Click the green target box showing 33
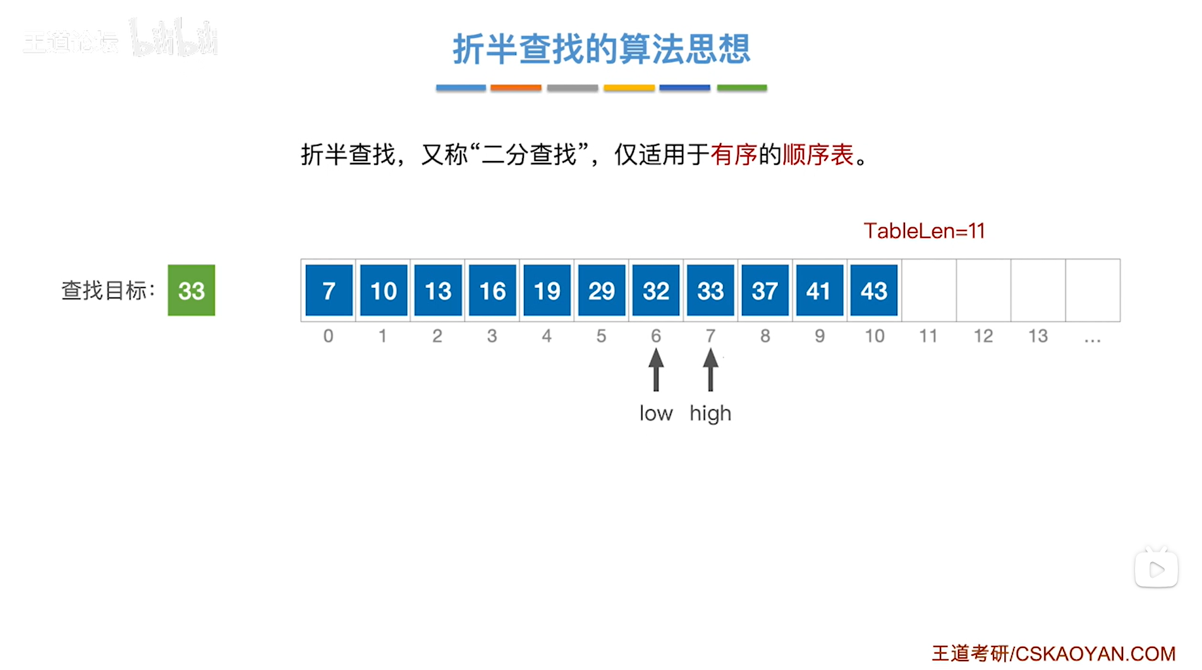point(191,290)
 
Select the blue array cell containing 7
point(329,290)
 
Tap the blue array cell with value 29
point(601,290)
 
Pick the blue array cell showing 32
point(655,290)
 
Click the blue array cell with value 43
point(873,290)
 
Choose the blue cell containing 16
point(492,290)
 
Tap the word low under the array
point(656,414)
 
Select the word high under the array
point(710,414)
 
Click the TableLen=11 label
point(924,231)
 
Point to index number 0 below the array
point(328,336)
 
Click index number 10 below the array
point(874,336)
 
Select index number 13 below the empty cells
point(1038,336)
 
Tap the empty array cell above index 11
point(928,290)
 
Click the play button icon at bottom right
point(1156,570)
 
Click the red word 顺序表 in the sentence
point(818,155)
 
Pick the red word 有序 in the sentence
point(734,155)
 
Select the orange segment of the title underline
point(516,88)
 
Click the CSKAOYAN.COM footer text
point(1095,654)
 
